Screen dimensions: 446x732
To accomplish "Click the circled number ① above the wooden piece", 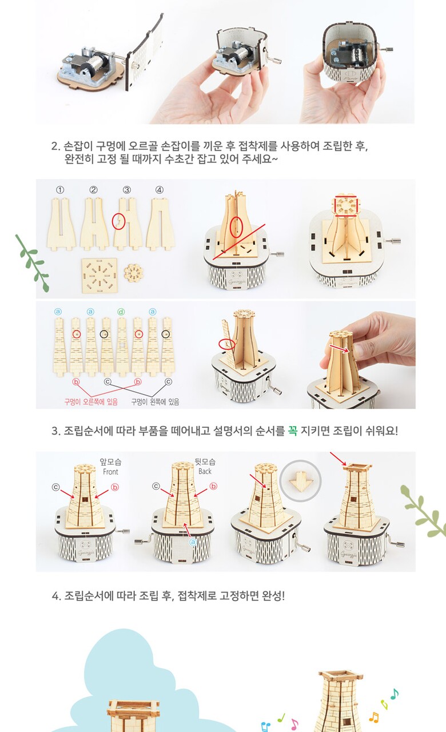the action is coord(60,190).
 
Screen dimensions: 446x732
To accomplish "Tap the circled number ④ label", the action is coord(159,190).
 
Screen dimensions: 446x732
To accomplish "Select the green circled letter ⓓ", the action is coord(121,312).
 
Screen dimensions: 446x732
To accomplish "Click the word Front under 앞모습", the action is coord(110,472).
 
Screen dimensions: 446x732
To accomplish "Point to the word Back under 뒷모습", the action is coord(205,471).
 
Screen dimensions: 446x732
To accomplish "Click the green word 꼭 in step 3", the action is coord(293,431).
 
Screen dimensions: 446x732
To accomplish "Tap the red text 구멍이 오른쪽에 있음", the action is coord(91,401).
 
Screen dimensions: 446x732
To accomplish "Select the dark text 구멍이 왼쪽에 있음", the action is coord(155,401).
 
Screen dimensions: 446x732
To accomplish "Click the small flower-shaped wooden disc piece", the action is coord(134,273).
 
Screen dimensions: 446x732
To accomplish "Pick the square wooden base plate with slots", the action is coord(99,275).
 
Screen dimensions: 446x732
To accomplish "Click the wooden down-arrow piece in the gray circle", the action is coord(301,481).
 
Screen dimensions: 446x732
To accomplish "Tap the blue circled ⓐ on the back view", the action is coord(193,542).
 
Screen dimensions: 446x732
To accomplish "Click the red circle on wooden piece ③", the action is coord(118,221).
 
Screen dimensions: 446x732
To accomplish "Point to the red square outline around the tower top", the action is coord(346,206).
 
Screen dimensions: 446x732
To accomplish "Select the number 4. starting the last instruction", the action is coord(56,596).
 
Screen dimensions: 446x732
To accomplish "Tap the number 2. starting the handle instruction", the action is coord(56,146).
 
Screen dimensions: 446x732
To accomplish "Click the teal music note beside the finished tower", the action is coord(395,694).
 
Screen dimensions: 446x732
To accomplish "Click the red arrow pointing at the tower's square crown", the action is coord(338,459).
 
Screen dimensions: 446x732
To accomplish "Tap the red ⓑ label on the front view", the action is coord(115,487).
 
